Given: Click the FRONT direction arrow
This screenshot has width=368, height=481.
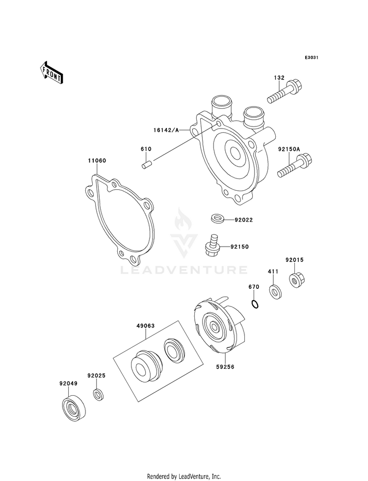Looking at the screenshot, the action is [51, 73].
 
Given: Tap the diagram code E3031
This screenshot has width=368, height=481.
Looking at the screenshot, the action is [311, 57].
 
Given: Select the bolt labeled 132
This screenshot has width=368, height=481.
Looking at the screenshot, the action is [284, 91].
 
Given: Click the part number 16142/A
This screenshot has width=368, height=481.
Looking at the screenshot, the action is [166, 130].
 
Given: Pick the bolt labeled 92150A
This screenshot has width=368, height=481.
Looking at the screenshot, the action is [294, 166].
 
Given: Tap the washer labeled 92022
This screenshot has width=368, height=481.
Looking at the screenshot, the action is [217, 219].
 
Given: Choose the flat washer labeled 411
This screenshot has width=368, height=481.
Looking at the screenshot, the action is [276, 292].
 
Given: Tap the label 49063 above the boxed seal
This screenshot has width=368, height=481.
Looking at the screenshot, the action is [145, 326].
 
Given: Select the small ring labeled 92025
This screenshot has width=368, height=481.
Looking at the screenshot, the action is [98, 394].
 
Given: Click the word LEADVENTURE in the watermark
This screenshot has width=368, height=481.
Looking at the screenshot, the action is [184, 270].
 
